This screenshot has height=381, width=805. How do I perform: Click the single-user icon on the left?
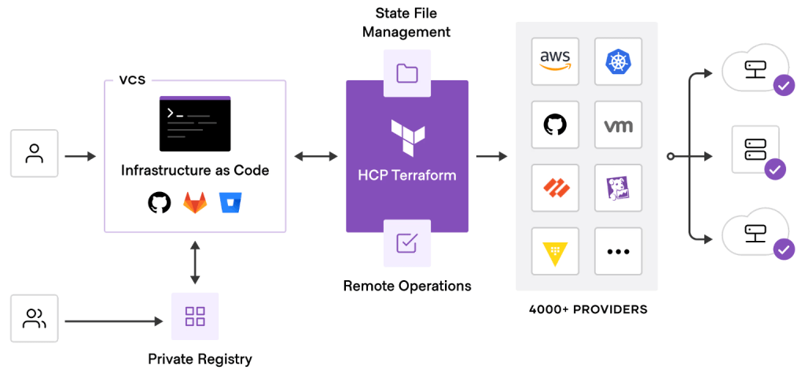coord(35,154)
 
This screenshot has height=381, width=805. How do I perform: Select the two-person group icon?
coord(35,319)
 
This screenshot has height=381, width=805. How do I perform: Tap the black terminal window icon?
coord(195,124)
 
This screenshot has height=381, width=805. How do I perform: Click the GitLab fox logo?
coord(194,203)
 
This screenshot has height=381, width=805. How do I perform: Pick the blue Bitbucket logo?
coord(230,203)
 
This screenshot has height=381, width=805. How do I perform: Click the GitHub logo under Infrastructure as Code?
coord(159,203)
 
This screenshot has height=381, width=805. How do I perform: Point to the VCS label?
coord(132,80)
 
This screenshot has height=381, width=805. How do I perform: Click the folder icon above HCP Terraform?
coord(407,73)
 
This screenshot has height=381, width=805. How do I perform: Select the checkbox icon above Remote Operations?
coord(407,242)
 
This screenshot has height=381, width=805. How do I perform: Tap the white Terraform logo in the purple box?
coord(407,135)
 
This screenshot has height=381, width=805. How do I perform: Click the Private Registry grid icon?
coord(195,316)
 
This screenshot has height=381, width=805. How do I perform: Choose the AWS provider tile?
coord(555,61)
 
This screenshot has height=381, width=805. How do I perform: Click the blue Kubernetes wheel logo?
coord(618,61)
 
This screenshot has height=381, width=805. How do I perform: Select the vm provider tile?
coord(618,125)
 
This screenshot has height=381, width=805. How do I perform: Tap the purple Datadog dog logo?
coord(618,188)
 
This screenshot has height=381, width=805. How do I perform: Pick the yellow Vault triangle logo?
coord(555,252)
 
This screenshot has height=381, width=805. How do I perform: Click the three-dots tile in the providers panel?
coord(618,252)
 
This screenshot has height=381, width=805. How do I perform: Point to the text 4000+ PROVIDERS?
coord(588,309)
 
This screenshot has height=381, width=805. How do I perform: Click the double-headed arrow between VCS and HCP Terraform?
coord(316,157)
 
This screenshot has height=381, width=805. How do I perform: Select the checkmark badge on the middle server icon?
coord(775,168)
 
